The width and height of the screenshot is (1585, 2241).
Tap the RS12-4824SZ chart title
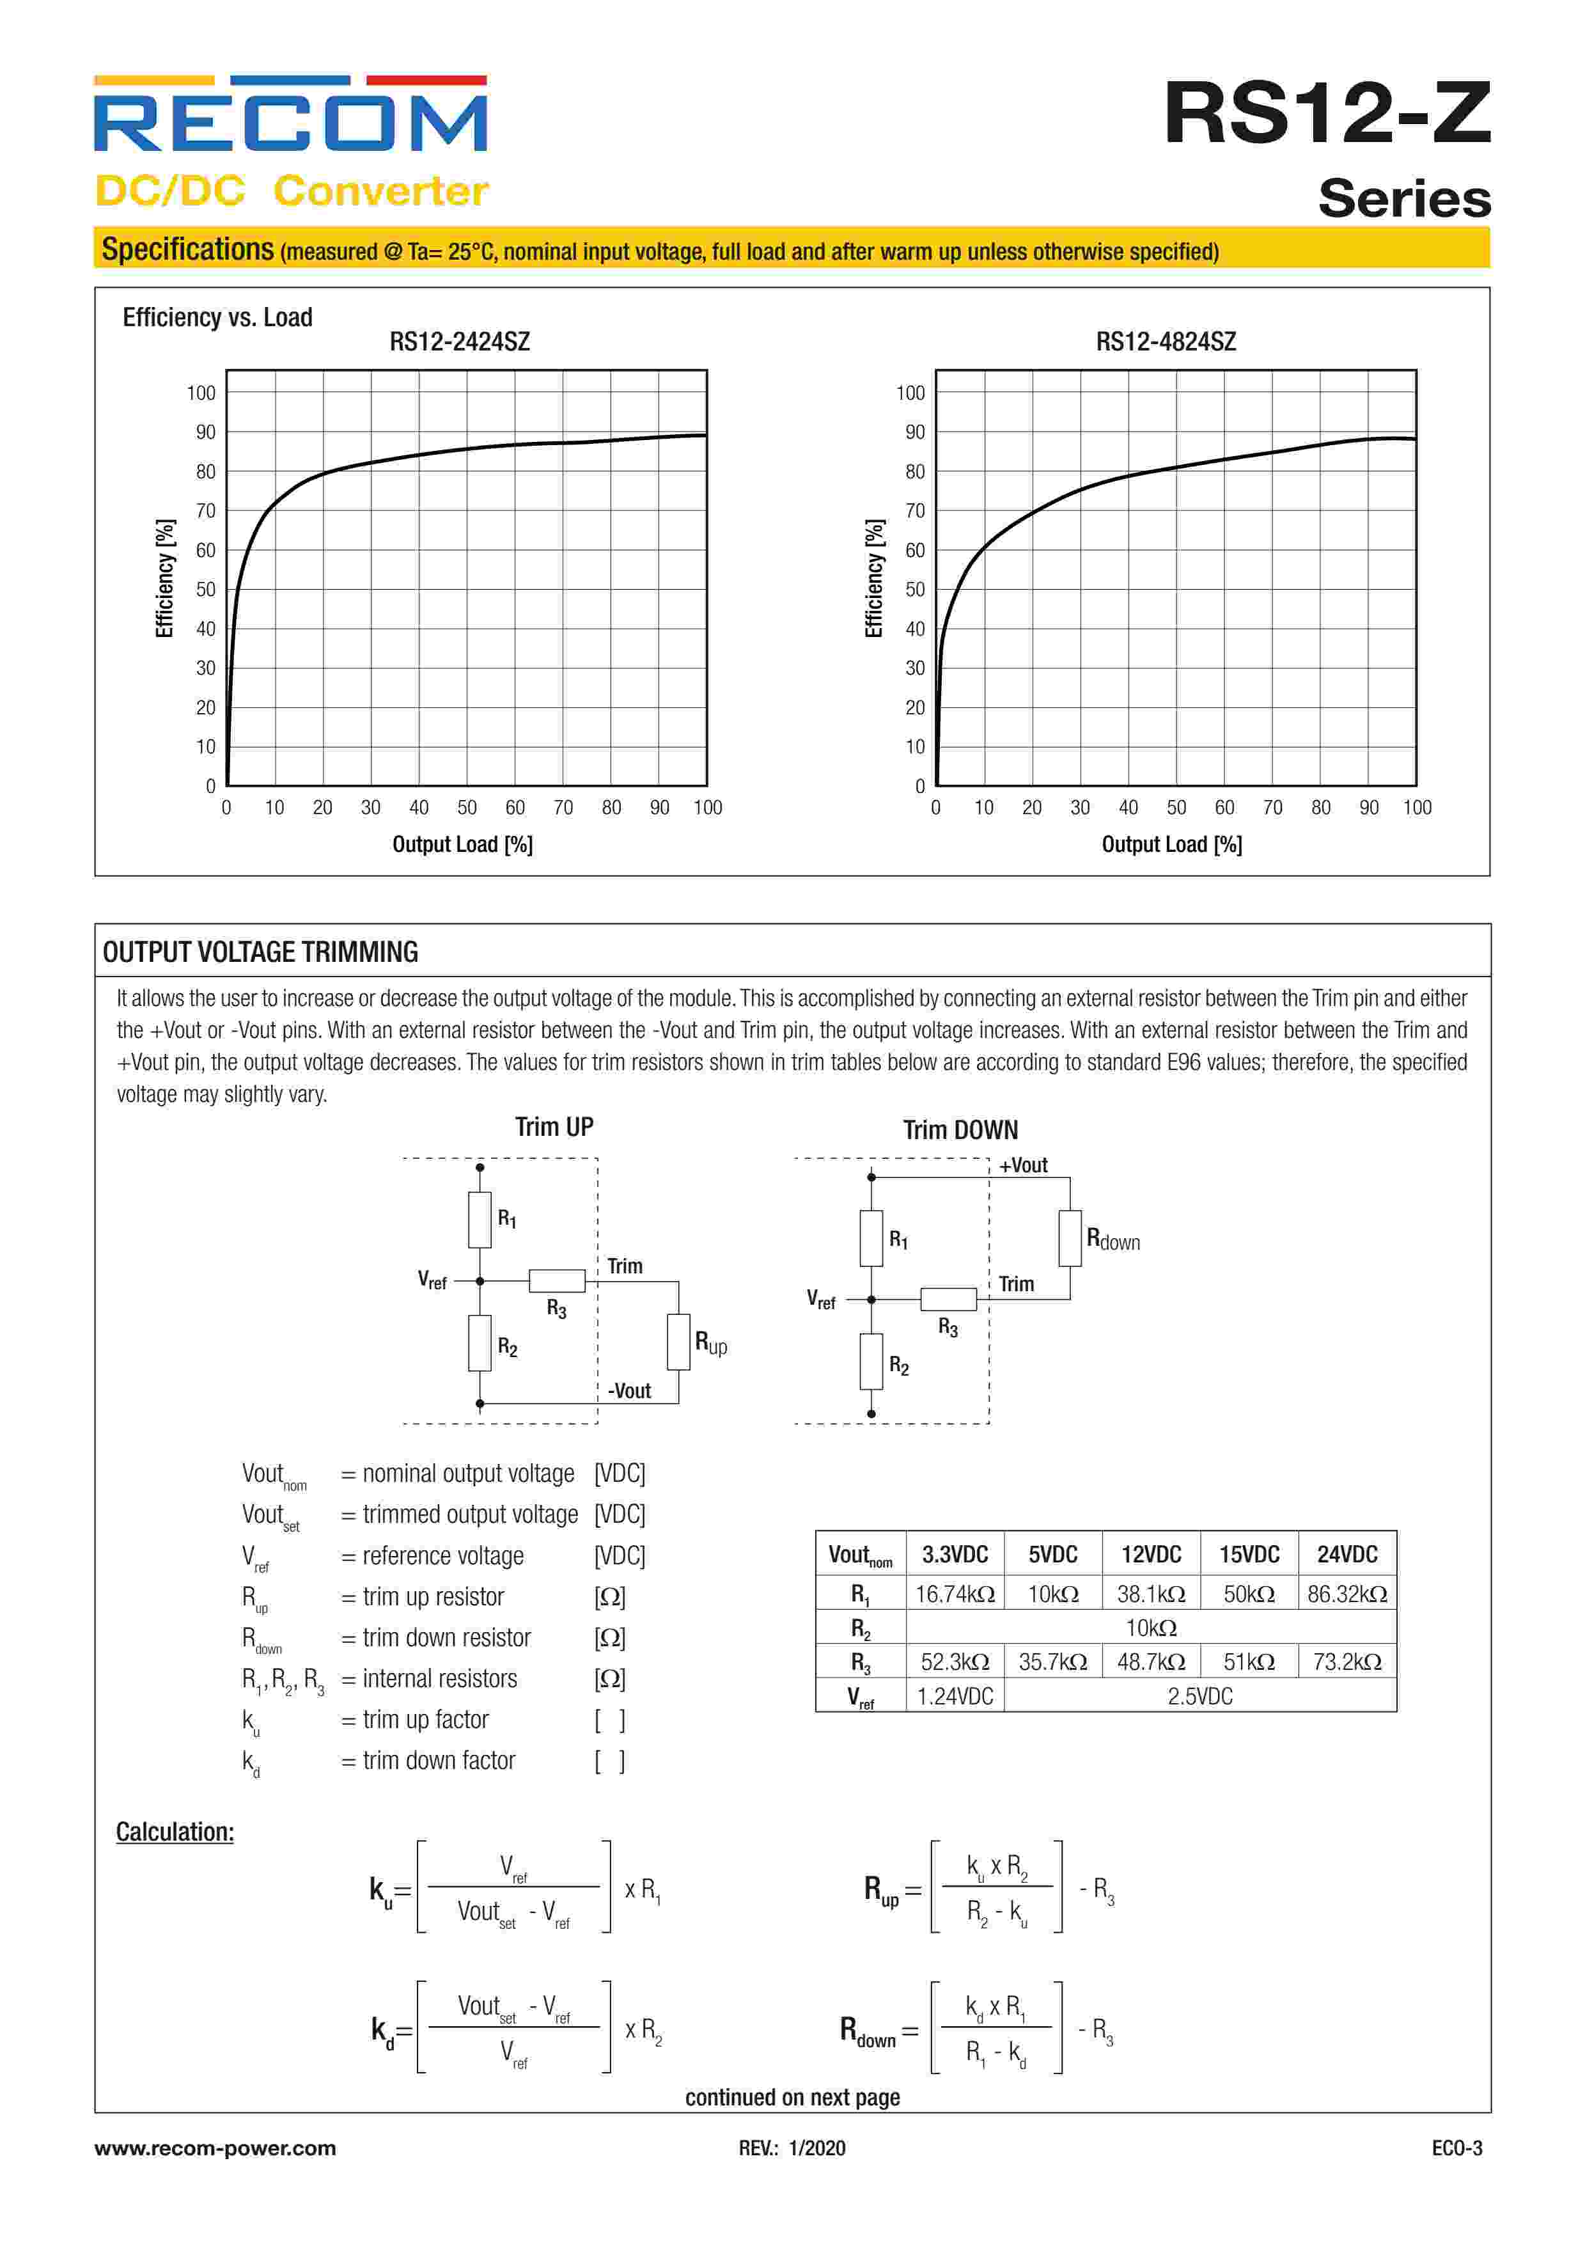tap(1166, 342)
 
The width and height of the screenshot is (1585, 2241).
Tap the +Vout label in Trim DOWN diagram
tap(1023, 1165)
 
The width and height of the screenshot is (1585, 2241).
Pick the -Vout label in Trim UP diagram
tap(630, 1391)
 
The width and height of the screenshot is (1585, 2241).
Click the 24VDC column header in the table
tap(1347, 1554)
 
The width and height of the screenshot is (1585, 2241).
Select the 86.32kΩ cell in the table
tap(1347, 1594)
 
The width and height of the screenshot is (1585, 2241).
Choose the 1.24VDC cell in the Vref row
tap(955, 1696)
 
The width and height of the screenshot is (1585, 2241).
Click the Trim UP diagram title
tap(554, 1128)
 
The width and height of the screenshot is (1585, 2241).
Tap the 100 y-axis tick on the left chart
tap(201, 393)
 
